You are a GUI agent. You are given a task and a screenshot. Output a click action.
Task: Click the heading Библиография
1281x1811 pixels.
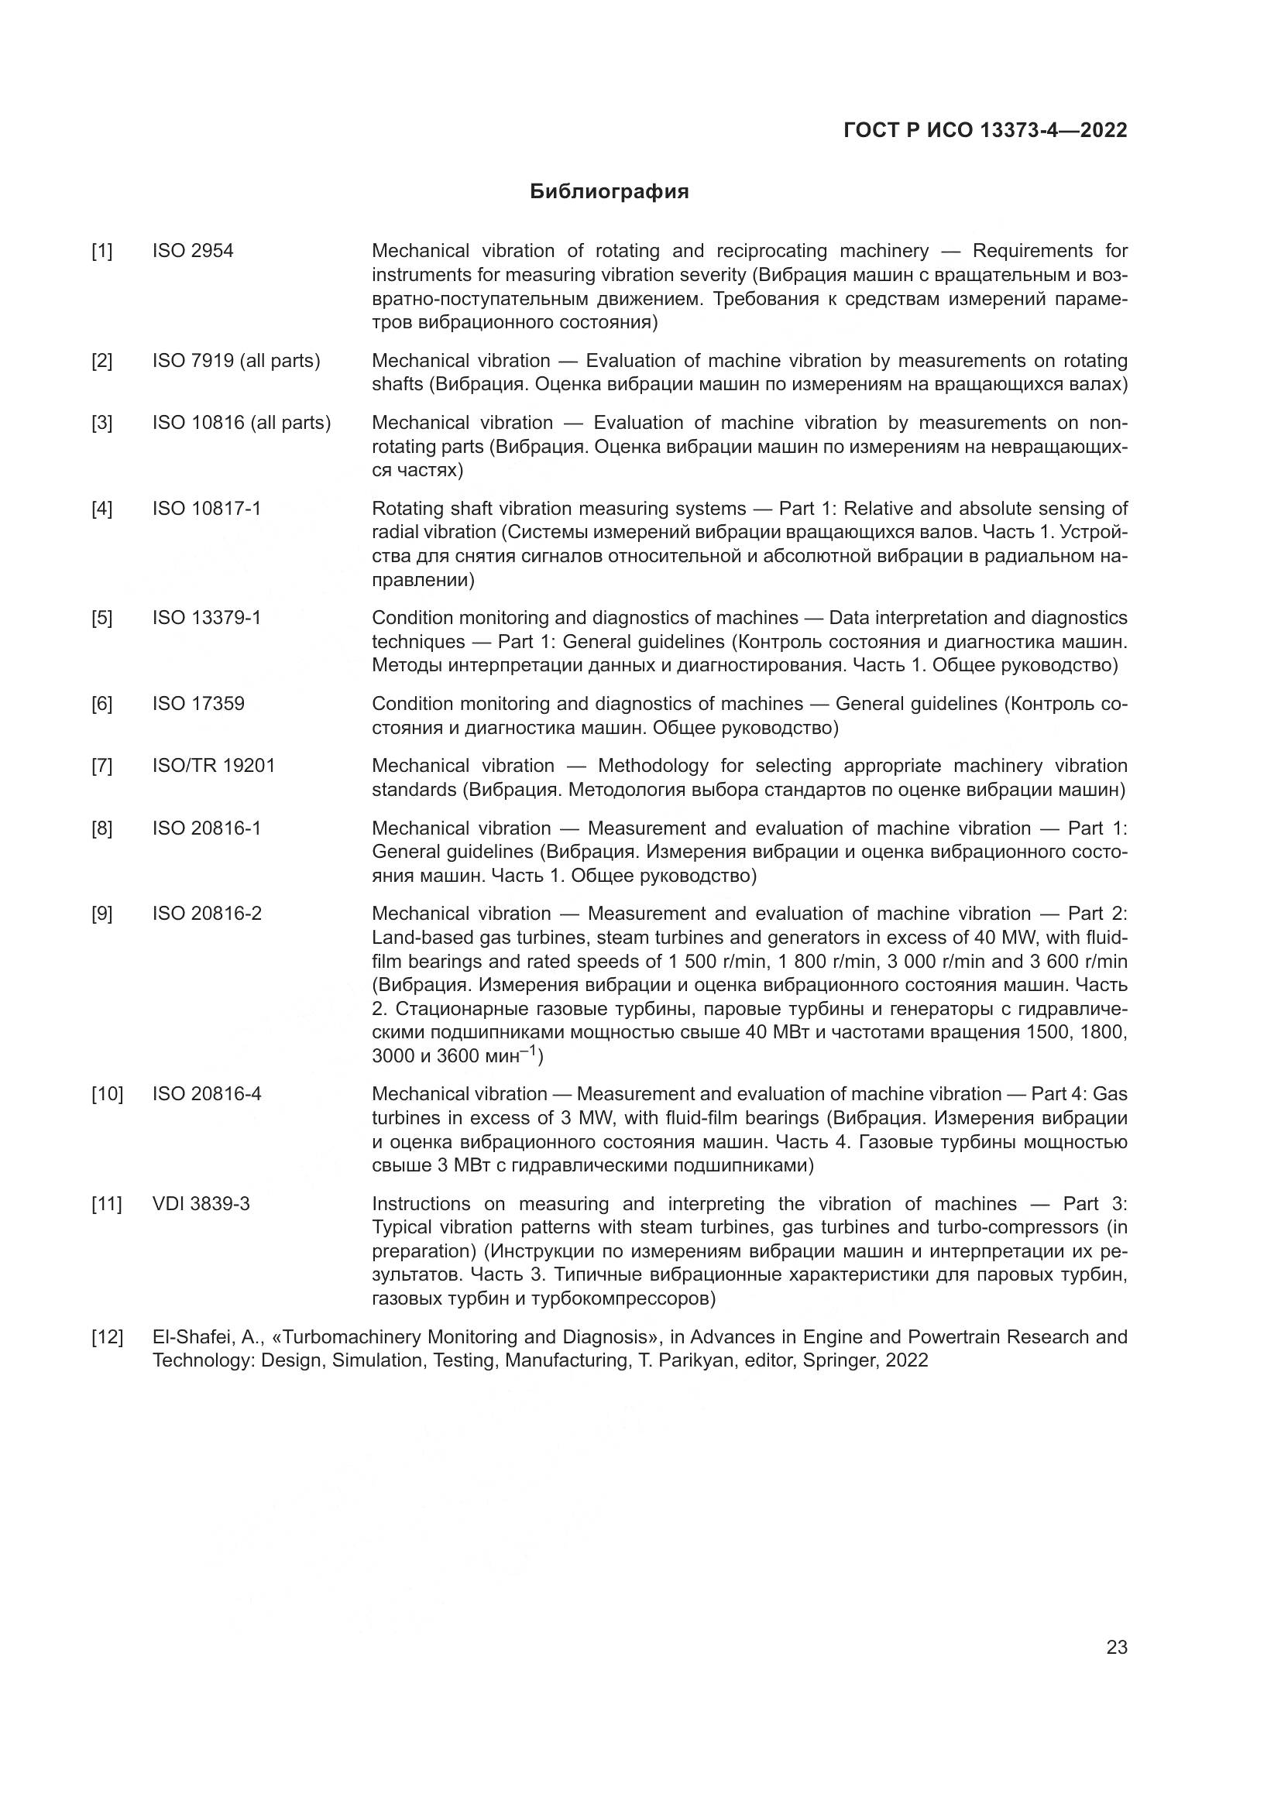(x=609, y=192)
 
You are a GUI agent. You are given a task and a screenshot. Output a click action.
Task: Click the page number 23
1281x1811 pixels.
(x=1116, y=1647)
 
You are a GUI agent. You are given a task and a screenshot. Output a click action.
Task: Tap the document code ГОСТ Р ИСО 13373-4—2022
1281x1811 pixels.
(x=985, y=130)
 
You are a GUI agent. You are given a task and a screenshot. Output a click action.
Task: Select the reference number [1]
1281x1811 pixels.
(x=101, y=251)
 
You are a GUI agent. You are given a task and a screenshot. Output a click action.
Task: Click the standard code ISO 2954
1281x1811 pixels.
(x=193, y=251)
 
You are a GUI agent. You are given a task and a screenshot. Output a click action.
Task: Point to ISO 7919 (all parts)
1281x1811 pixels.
(x=236, y=361)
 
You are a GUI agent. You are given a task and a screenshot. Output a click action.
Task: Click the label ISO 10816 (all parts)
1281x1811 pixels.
(x=242, y=423)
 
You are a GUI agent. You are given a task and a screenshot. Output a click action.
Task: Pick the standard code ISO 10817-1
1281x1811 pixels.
(x=206, y=508)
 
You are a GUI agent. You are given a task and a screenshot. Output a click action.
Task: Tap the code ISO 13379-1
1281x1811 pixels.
(x=206, y=618)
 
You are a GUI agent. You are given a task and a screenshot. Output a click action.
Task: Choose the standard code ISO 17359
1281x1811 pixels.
(x=198, y=704)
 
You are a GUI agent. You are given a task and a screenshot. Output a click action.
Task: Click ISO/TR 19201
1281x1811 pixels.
(x=213, y=766)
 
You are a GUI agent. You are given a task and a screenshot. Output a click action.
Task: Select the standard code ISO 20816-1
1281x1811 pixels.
(x=206, y=828)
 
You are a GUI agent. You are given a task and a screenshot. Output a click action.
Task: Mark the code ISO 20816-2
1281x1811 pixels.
(x=207, y=914)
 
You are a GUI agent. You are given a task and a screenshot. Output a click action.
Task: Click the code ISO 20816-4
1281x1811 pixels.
(x=207, y=1094)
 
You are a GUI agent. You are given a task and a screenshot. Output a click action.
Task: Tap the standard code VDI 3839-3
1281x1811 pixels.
(x=201, y=1204)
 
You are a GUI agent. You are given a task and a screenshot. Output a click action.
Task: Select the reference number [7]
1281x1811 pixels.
(x=101, y=766)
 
